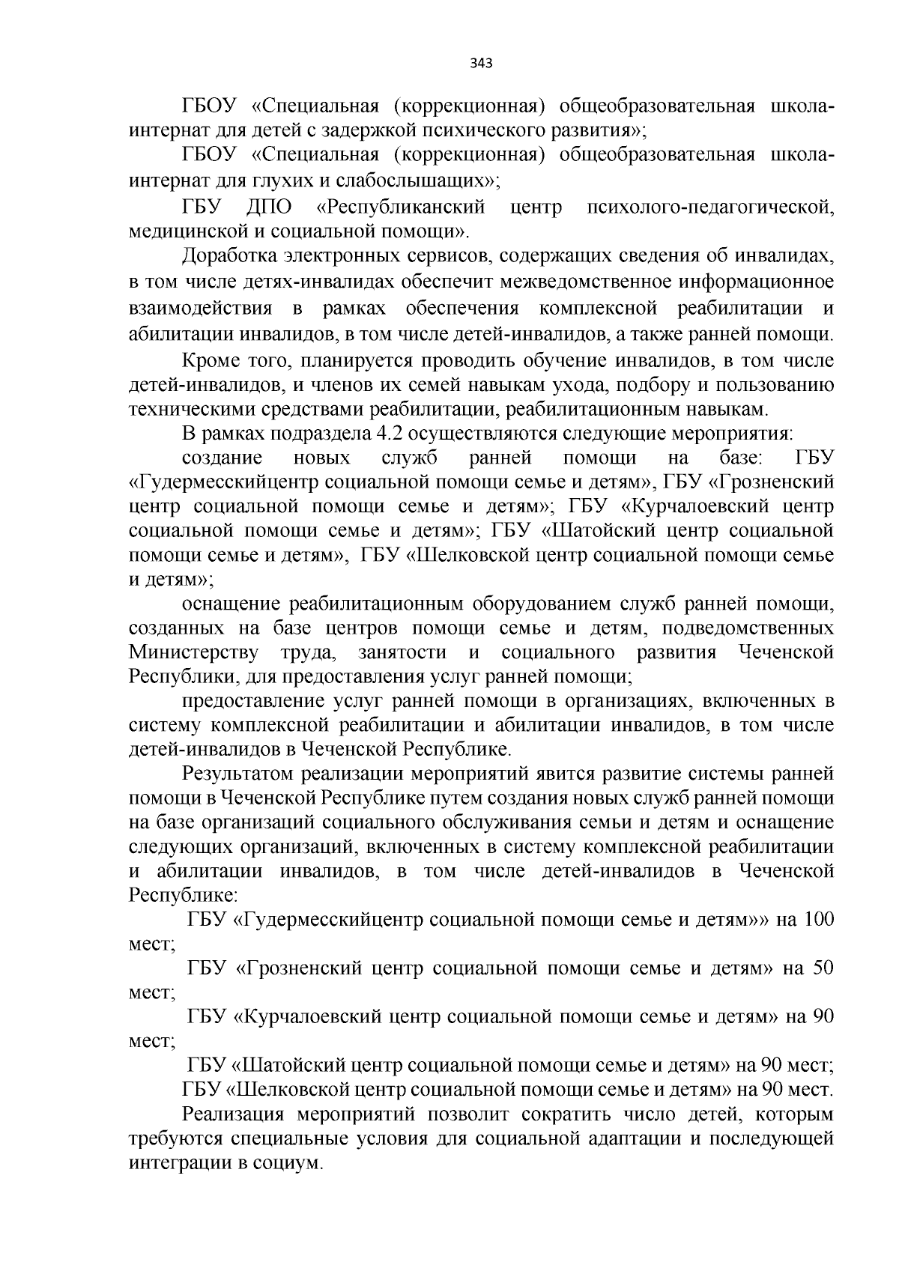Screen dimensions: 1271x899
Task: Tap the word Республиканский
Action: (x=402, y=206)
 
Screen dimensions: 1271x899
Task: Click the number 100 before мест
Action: (x=818, y=919)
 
